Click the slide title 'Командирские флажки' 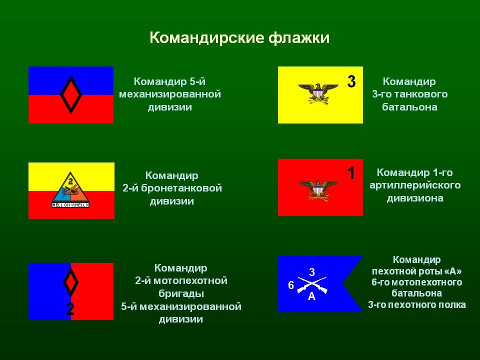coord(239,38)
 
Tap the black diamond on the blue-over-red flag coord(71,94)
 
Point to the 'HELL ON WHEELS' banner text coord(71,204)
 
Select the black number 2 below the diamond coord(70,309)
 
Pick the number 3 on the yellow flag coord(351,81)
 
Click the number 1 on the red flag coord(351,173)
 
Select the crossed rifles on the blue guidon coord(312,284)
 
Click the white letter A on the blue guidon coord(312,297)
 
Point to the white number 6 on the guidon coord(291,285)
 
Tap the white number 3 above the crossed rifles coord(312,272)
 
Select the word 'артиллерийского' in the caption coord(415,185)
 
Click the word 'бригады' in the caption coord(180,293)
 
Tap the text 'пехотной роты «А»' coord(416,271)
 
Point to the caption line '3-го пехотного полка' coord(416,304)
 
